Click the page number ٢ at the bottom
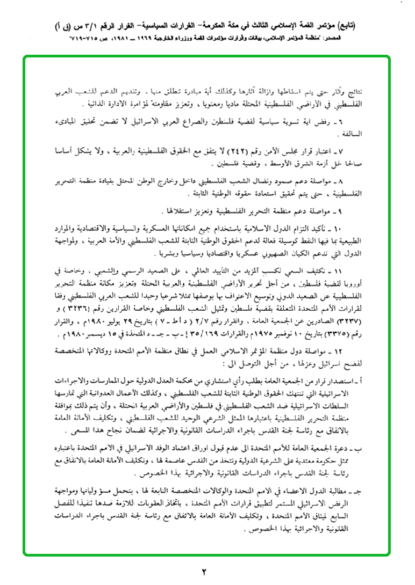[x=204, y=570]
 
